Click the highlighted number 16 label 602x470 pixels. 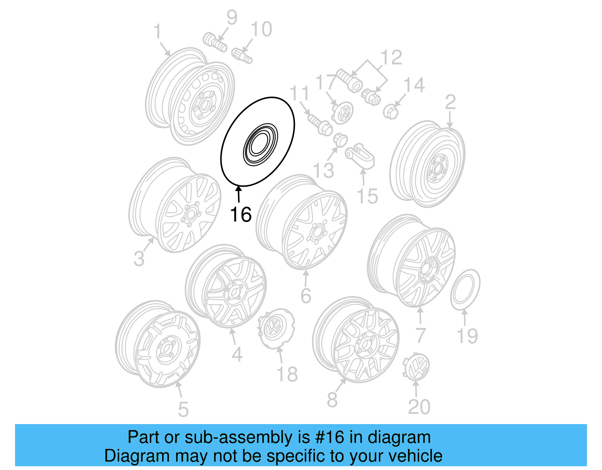pyautogui.click(x=240, y=215)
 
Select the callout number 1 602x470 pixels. pyautogui.click(x=157, y=32)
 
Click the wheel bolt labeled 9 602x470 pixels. pyautogui.click(x=215, y=43)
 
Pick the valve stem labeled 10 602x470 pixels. pyautogui.click(x=242, y=55)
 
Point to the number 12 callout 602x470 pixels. pyautogui.click(x=391, y=58)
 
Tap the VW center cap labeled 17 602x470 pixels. pyautogui.click(x=342, y=112)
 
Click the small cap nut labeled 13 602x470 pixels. pyautogui.click(x=340, y=140)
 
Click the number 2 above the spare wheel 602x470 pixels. pyautogui.click(x=450, y=102)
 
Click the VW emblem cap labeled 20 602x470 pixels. pyautogui.click(x=416, y=367)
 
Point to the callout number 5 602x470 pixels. pyautogui.click(x=183, y=409)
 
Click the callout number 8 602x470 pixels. pyautogui.click(x=332, y=400)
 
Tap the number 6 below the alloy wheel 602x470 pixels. pyautogui.click(x=306, y=296)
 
